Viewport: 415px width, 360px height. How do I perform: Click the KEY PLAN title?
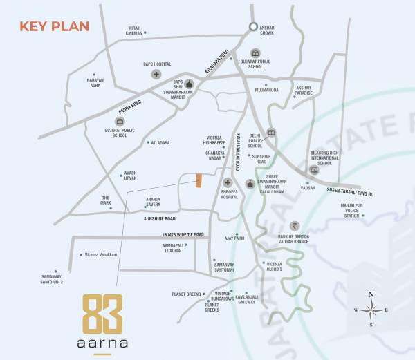pyautogui.click(x=55, y=27)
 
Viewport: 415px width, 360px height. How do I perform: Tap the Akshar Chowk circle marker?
pyautogui.click(x=254, y=27)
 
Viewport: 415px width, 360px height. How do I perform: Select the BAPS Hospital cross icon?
pyautogui.click(x=157, y=74)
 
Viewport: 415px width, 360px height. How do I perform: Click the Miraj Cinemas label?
pyautogui.click(x=133, y=30)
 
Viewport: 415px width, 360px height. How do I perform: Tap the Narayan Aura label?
pyautogui.click(x=94, y=83)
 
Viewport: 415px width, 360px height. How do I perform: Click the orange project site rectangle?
pyautogui.click(x=199, y=180)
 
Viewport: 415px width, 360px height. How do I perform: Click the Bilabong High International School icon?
pyautogui.click(x=314, y=169)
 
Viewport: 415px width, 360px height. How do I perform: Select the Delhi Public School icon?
pyautogui.click(x=271, y=132)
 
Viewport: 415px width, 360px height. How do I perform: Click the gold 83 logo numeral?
pyautogui.click(x=102, y=314)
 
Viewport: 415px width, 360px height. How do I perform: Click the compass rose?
pyautogui.click(x=371, y=310)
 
